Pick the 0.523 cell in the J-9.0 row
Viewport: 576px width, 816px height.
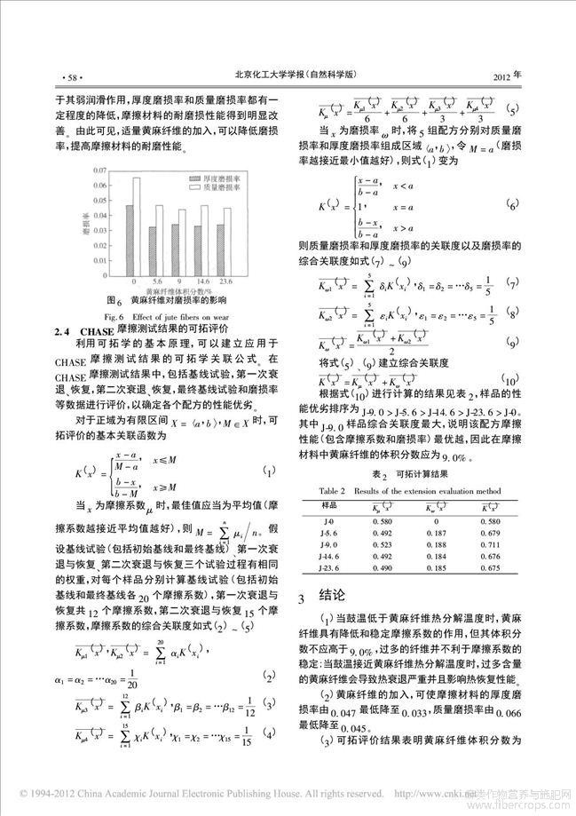(x=395, y=543)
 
